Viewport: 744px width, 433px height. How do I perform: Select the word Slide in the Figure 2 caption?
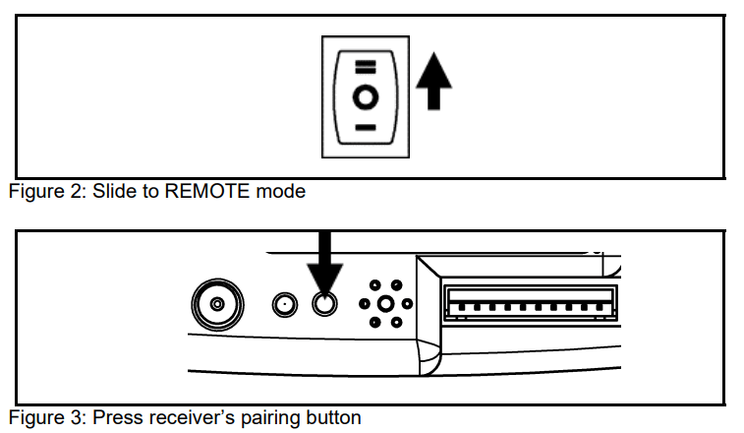pos(113,192)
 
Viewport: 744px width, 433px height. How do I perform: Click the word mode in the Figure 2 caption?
pos(281,192)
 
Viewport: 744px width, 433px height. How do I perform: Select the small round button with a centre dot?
pos(284,304)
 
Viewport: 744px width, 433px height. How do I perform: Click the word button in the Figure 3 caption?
pos(329,417)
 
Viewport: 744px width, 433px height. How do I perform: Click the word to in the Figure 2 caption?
pos(145,192)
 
